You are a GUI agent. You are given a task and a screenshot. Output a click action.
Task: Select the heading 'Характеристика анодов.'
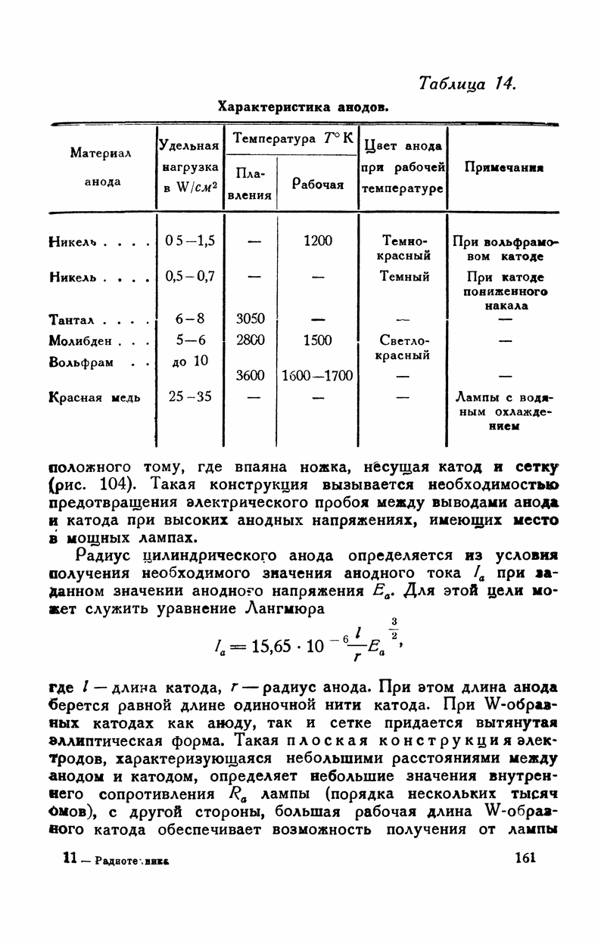[x=304, y=107]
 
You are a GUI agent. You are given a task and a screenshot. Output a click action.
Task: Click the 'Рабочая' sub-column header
[x=318, y=184]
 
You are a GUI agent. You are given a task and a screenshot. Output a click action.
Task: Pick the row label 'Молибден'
[x=81, y=340]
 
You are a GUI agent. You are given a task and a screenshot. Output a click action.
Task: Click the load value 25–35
[x=189, y=395]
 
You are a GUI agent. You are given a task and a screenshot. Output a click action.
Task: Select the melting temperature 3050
[x=251, y=321]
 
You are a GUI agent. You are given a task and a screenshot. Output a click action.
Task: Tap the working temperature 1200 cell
[x=317, y=241]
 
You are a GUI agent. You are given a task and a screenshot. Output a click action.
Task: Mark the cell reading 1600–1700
[x=317, y=375]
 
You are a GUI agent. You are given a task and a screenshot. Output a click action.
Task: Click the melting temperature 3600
[x=251, y=375]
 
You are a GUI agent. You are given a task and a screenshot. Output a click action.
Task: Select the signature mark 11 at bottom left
[x=69, y=858]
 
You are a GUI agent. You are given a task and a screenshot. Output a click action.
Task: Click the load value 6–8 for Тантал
[x=189, y=321]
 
